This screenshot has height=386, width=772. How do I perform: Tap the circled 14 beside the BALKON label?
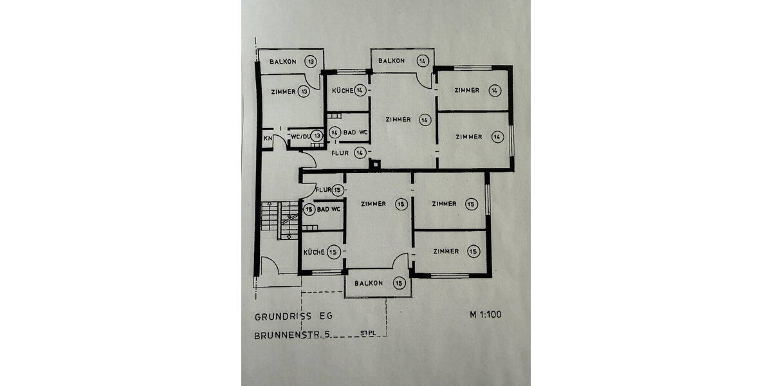click(x=423, y=61)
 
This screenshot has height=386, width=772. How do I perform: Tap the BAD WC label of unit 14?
click(x=355, y=133)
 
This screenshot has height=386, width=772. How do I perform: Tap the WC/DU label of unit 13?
click(x=299, y=136)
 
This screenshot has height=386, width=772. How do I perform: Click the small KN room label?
click(x=267, y=138)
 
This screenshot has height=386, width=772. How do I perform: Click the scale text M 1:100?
click(x=485, y=315)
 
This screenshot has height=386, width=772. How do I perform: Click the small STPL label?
click(x=368, y=333)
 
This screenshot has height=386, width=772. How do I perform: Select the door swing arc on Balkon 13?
click(x=313, y=83)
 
